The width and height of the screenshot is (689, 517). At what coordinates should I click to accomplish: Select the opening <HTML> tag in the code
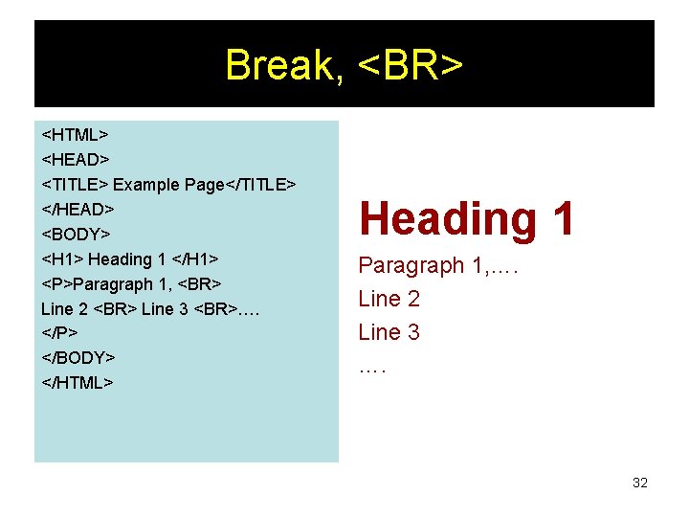(x=75, y=134)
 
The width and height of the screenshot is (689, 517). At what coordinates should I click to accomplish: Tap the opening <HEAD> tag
(x=76, y=159)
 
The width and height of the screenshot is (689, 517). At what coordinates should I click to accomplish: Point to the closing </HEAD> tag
(x=78, y=209)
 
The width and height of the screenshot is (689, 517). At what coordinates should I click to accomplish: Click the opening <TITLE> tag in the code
(x=76, y=184)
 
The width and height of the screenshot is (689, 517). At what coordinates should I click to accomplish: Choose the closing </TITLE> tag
(x=260, y=184)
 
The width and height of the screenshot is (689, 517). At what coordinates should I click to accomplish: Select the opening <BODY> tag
(x=77, y=234)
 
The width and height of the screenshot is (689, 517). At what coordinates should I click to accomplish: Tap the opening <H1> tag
(x=62, y=258)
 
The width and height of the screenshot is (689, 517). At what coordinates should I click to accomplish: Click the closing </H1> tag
(x=196, y=258)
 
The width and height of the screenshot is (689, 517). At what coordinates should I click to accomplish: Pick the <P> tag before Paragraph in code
(x=56, y=283)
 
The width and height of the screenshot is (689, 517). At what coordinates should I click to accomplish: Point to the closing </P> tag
(x=59, y=333)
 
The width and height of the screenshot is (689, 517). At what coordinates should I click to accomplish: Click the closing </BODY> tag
(x=78, y=358)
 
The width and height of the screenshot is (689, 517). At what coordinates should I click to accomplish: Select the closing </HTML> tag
(x=78, y=383)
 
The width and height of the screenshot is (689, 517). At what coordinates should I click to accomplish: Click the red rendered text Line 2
(x=389, y=299)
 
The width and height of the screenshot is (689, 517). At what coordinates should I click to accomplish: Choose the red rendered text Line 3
(x=389, y=332)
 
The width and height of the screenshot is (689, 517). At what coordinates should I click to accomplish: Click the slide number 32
(x=640, y=483)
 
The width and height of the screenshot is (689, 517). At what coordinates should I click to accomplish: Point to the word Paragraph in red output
(x=411, y=265)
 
